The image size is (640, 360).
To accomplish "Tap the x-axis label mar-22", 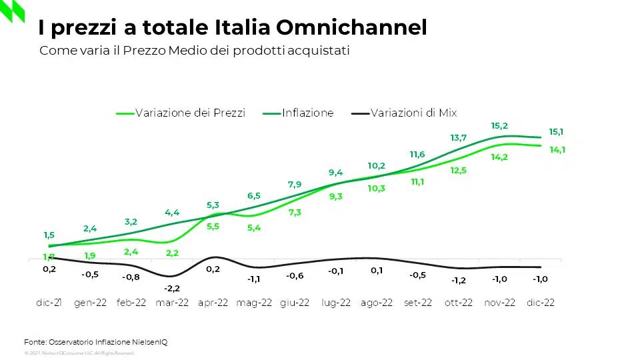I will coord(172,302).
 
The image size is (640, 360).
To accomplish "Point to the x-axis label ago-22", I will coord(377,302).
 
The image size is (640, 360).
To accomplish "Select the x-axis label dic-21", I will coord(49,302).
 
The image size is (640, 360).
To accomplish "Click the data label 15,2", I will coord(499,125).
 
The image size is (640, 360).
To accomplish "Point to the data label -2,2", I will coord(172,288).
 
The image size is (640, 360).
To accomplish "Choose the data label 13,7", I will coord(458,138).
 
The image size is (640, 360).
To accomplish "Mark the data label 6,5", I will coord(254,196).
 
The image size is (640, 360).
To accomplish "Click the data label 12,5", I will coord(459,171).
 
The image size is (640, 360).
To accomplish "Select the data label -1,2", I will coord(459,280).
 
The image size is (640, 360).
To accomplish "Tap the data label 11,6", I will coord(417,155).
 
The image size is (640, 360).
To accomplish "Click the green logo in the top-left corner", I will coord(13,11).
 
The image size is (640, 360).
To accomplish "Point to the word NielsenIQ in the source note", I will coord(149,342).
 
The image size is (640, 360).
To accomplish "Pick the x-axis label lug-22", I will coord(336,302).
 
